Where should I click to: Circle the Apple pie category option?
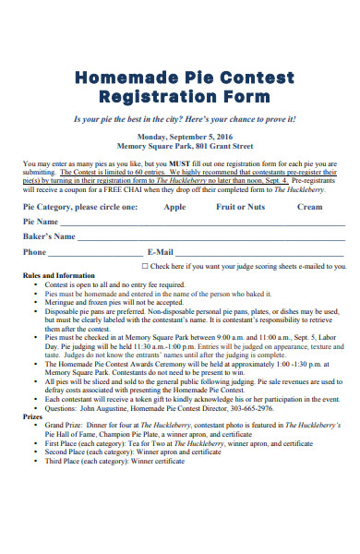174,208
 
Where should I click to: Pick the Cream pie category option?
309,208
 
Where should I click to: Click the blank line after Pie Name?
203,224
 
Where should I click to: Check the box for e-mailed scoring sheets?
144,266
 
